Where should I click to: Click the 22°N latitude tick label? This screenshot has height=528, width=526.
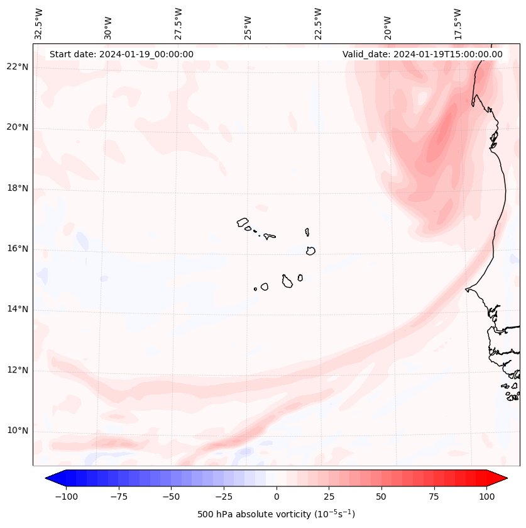tap(18, 67)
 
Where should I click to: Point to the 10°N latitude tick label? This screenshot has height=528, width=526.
tap(18, 431)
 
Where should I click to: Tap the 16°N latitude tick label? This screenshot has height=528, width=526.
tap(18, 249)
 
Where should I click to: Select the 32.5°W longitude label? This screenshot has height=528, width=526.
tap(39, 24)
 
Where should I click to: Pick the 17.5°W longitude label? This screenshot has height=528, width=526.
tap(458, 24)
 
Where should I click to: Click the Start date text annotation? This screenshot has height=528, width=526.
tap(121, 54)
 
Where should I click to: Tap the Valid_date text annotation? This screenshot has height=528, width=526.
tap(422, 54)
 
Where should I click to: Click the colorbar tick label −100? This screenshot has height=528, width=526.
tap(66, 497)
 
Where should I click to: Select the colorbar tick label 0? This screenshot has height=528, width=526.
tap(276, 497)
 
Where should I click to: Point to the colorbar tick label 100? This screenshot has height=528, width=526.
tap(486, 497)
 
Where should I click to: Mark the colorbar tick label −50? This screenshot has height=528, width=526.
tap(171, 497)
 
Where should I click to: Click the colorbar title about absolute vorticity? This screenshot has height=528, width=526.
tap(276, 515)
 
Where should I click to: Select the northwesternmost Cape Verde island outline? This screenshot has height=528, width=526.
tap(243, 222)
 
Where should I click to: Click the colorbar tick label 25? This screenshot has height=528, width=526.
tap(329, 497)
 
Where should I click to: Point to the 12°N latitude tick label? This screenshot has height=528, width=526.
tap(18, 371)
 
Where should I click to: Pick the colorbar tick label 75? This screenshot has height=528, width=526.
tap(434, 497)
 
